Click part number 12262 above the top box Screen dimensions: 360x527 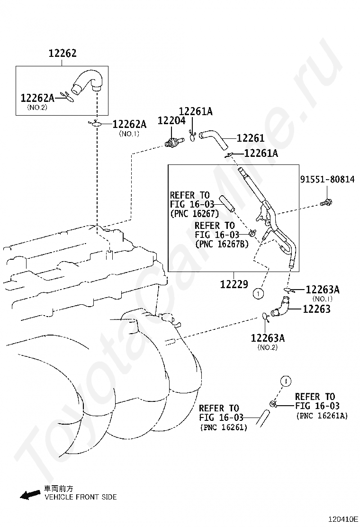[63, 53]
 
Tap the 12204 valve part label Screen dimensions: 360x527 [171, 121]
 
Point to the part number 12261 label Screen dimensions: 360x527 [251, 138]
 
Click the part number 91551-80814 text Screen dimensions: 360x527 [327, 179]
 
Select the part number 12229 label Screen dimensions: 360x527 [234, 284]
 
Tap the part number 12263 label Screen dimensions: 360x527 [317, 309]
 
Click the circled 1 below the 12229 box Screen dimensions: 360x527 [258, 294]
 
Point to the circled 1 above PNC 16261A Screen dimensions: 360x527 [286, 381]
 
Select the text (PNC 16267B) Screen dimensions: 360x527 [222, 244]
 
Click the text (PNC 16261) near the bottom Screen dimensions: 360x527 [224, 427]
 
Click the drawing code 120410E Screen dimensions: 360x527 [343, 519]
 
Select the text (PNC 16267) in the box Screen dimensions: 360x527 [195, 213]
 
